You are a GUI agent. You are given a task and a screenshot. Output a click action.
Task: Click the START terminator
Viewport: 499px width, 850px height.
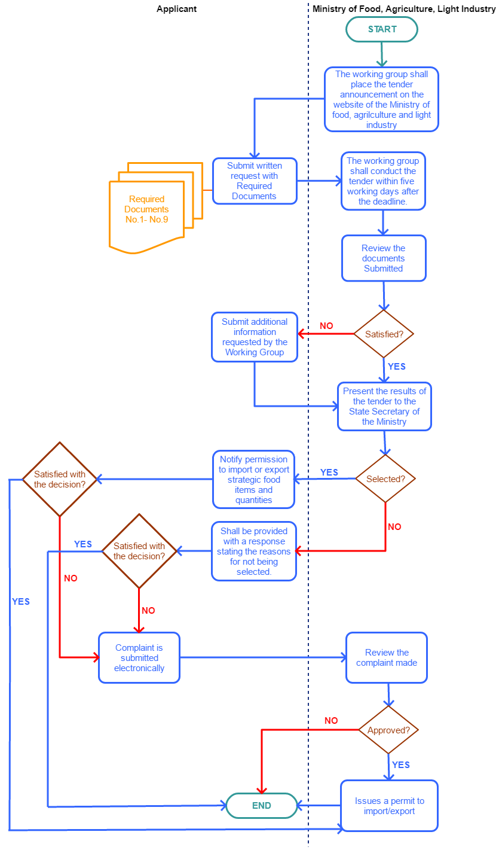pos(381,29)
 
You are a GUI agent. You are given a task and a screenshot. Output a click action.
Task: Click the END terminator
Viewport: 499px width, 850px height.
pos(262,806)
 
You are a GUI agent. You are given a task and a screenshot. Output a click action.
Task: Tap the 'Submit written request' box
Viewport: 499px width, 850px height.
pos(255,181)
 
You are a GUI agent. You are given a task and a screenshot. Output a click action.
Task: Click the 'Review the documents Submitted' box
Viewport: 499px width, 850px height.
pos(384,258)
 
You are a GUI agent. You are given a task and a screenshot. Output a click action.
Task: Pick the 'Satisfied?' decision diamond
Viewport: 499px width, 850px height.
pos(384,334)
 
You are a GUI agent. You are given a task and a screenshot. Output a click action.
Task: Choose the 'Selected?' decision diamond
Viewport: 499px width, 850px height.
pos(385,479)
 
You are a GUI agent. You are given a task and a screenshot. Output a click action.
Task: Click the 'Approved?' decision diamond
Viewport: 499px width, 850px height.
pos(388,730)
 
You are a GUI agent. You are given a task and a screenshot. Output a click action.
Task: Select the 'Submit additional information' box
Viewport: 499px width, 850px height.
pos(254,337)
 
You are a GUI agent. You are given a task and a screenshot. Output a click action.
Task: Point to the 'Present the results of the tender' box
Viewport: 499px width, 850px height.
pos(384,406)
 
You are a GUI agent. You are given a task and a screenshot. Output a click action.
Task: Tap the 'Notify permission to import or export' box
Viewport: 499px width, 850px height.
pos(254,479)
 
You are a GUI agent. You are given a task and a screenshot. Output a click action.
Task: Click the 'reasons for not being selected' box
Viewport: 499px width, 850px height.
pos(254,552)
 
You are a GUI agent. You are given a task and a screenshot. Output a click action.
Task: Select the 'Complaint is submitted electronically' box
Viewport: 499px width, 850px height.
pos(139,657)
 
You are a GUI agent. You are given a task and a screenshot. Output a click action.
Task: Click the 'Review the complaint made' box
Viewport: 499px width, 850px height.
pos(387,657)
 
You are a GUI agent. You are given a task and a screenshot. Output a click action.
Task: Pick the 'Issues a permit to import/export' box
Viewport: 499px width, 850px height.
pos(389,806)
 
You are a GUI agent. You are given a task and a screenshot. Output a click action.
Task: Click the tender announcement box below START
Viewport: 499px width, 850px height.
pos(381,99)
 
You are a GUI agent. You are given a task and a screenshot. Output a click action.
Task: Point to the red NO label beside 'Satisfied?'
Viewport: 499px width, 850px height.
pos(326,326)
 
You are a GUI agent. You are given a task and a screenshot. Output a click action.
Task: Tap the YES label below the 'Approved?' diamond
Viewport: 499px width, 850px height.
pos(401,765)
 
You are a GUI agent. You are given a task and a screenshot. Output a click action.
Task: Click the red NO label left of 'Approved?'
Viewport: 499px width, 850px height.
pos(331,721)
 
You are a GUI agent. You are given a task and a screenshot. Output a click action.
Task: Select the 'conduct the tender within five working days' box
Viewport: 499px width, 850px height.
pos(383,181)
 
